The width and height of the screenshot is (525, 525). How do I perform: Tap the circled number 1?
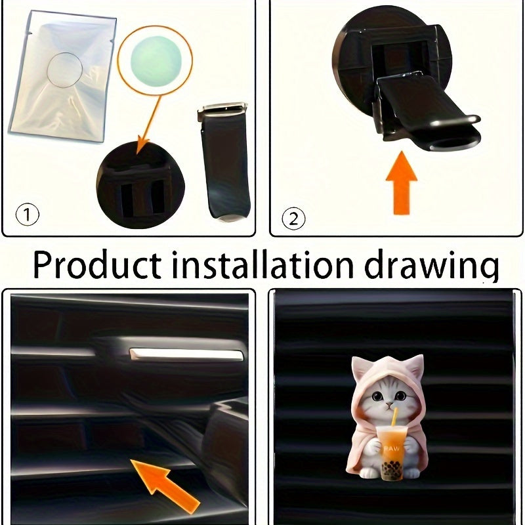point(26,215)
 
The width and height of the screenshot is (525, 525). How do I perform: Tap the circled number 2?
point(293,217)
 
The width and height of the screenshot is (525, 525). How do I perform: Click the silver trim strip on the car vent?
point(186,356)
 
